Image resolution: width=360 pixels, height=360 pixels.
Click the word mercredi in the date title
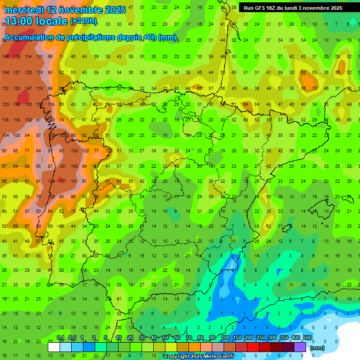click(24, 10)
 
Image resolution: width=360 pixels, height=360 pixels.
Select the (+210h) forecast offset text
click(83, 21)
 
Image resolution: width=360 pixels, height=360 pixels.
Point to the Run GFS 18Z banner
click(293, 8)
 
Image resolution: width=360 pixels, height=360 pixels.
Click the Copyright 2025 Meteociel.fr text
click(199, 357)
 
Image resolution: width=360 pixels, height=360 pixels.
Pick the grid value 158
click(17, 57)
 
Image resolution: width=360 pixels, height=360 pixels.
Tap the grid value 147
click(28, 89)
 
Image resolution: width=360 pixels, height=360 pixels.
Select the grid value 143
click(74, 166)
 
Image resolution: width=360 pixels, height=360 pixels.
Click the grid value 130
click(74, 151)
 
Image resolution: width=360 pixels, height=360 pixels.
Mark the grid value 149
click(17, 105)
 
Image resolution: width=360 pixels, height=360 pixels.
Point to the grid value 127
click(17, 73)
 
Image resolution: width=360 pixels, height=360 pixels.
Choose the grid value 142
click(6, 57)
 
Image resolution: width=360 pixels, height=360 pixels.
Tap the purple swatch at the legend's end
click(300, 347)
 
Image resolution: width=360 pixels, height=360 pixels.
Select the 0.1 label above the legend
click(60, 338)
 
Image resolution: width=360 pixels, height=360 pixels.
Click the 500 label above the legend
click(307, 338)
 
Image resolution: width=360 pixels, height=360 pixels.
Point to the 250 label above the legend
click(260, 338)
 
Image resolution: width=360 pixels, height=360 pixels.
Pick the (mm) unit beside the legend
click(317, 348)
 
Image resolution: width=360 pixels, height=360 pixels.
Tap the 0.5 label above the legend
click(72, 338)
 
